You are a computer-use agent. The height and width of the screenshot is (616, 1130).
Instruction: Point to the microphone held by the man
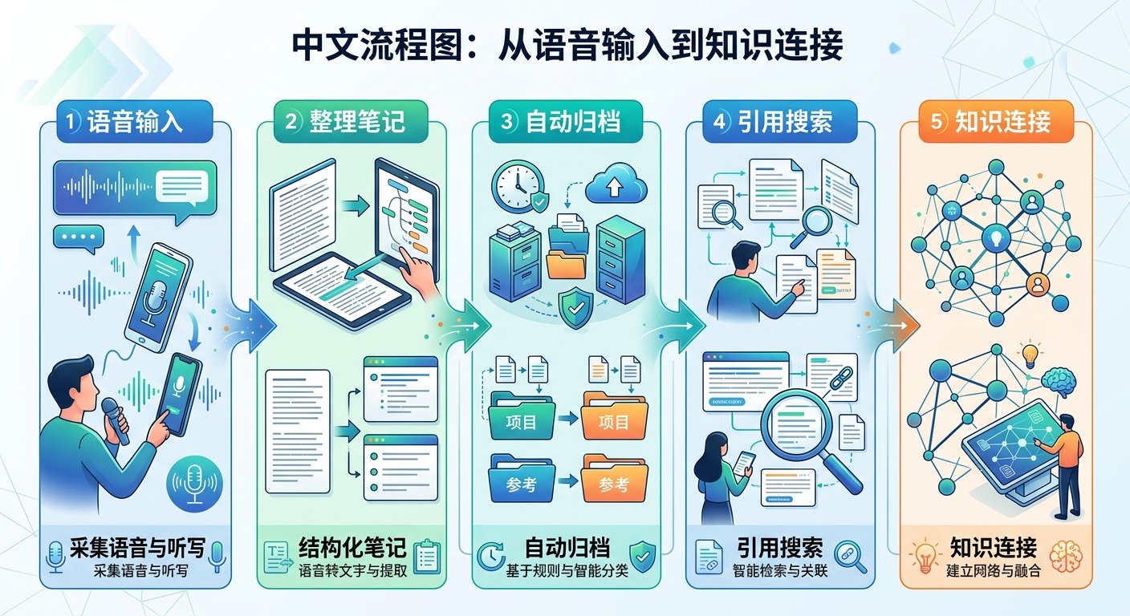113,419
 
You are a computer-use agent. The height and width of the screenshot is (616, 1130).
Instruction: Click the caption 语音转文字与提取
349,572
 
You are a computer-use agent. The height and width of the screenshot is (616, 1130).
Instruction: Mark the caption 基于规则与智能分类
567,572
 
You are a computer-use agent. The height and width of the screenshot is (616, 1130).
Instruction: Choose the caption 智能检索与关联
780,572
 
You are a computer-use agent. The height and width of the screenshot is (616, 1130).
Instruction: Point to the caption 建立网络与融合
994,572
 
